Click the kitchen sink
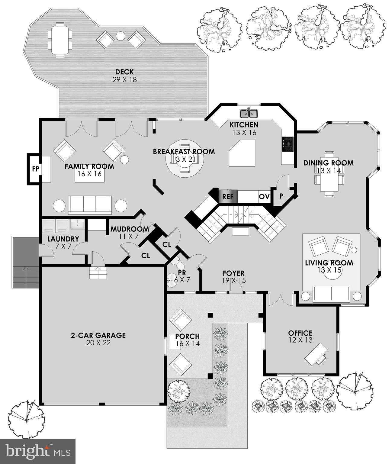[x=249, y=114]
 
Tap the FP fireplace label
[x=36, y=169]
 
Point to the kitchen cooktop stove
[x=288, y=144]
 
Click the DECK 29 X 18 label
[x=124, y=76]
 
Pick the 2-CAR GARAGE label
[x=98, y=338]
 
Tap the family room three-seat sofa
[x=90, y=205]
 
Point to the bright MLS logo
[x=38, y=451]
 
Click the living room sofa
[x=331, y=294]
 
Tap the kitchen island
[x=242, y=153]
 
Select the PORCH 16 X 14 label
[x=187, y=340]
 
